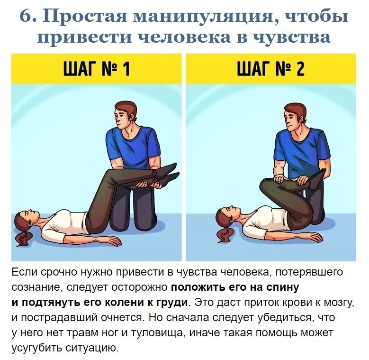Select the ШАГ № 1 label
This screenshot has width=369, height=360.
tap(96, 70)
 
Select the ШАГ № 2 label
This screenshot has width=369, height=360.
tap(271, 70)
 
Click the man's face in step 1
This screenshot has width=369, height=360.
tap(125, 119)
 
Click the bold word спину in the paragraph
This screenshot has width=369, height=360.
tap(282, 287)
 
